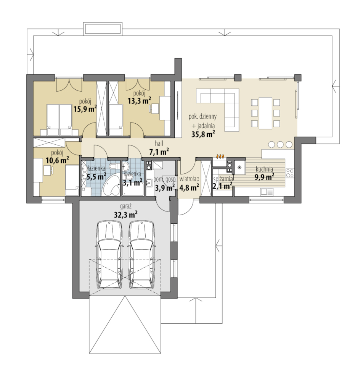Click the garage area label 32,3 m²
pyautogui.click(x=125, y=215)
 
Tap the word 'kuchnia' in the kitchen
pyautogui.click(x=264, y=169)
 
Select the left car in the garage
pyautogui.click(x=109, y=255)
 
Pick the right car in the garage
pyautogui.click(x=141, y=255)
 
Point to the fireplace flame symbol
pyautogui.click(x=220, y=157)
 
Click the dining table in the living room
pyautogui.click(x=265, y=113)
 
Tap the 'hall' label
pyautogui.click(x=159, y=144)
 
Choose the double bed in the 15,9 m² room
pyautogui.click(x=59, y=119)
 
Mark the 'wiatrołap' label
pyautogui.click(x=189, y=179)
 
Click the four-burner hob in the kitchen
pyautogui.click(x=290, y=173)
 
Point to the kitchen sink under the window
pyautogui.click(x=267, y=192)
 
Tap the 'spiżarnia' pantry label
pyautogui.click(x=223, y=179)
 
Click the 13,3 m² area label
pyautogui.click(x=139, y=101)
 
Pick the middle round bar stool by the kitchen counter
pyautogui.click(x=280, y=144)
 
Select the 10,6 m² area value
pyautogui.click(x=58, y=160)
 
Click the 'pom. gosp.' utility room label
pyautogui.click(x=165, y=179)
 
